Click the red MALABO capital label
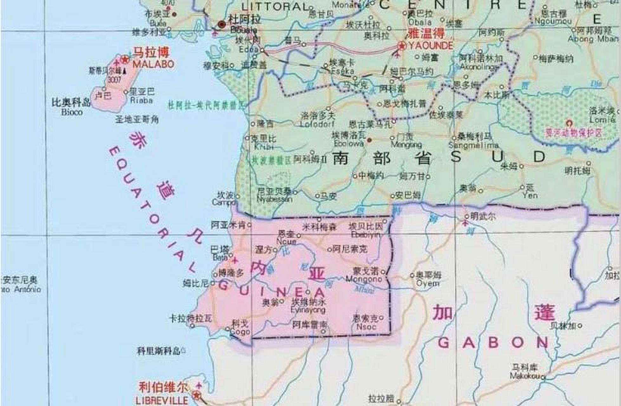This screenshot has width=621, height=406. (153, 64)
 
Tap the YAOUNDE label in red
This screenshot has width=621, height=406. (430, 46)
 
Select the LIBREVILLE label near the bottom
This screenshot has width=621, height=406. (162, 400)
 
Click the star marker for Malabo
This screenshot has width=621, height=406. (125, 59)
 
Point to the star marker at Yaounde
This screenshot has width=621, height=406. (402, 46)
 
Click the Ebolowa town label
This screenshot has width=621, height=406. (349, 143)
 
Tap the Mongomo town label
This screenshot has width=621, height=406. (364, 279)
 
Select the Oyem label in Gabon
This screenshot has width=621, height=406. (428, 283)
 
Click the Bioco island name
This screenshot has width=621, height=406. (72, 112)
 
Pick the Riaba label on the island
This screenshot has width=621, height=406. (141, 101)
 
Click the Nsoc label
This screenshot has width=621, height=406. (366, 326)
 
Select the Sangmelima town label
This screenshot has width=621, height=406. (473, 145)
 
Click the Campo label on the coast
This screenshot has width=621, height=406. (223, 202)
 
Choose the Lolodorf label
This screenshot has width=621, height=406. (317, 124)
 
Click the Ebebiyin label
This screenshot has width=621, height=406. (365, 235)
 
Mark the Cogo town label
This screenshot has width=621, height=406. (240, 332)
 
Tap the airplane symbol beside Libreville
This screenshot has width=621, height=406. (199, 386)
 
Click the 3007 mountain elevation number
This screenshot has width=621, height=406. (114, 79)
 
